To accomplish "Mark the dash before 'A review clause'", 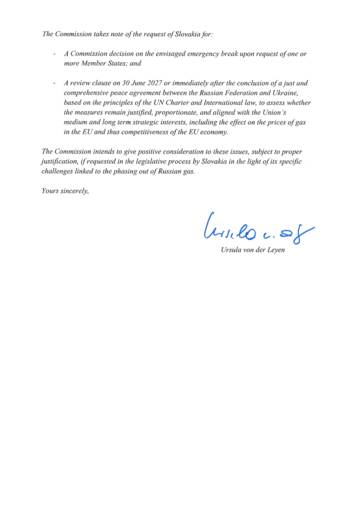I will pos(54,83).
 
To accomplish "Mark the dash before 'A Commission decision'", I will pos(54,54).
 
